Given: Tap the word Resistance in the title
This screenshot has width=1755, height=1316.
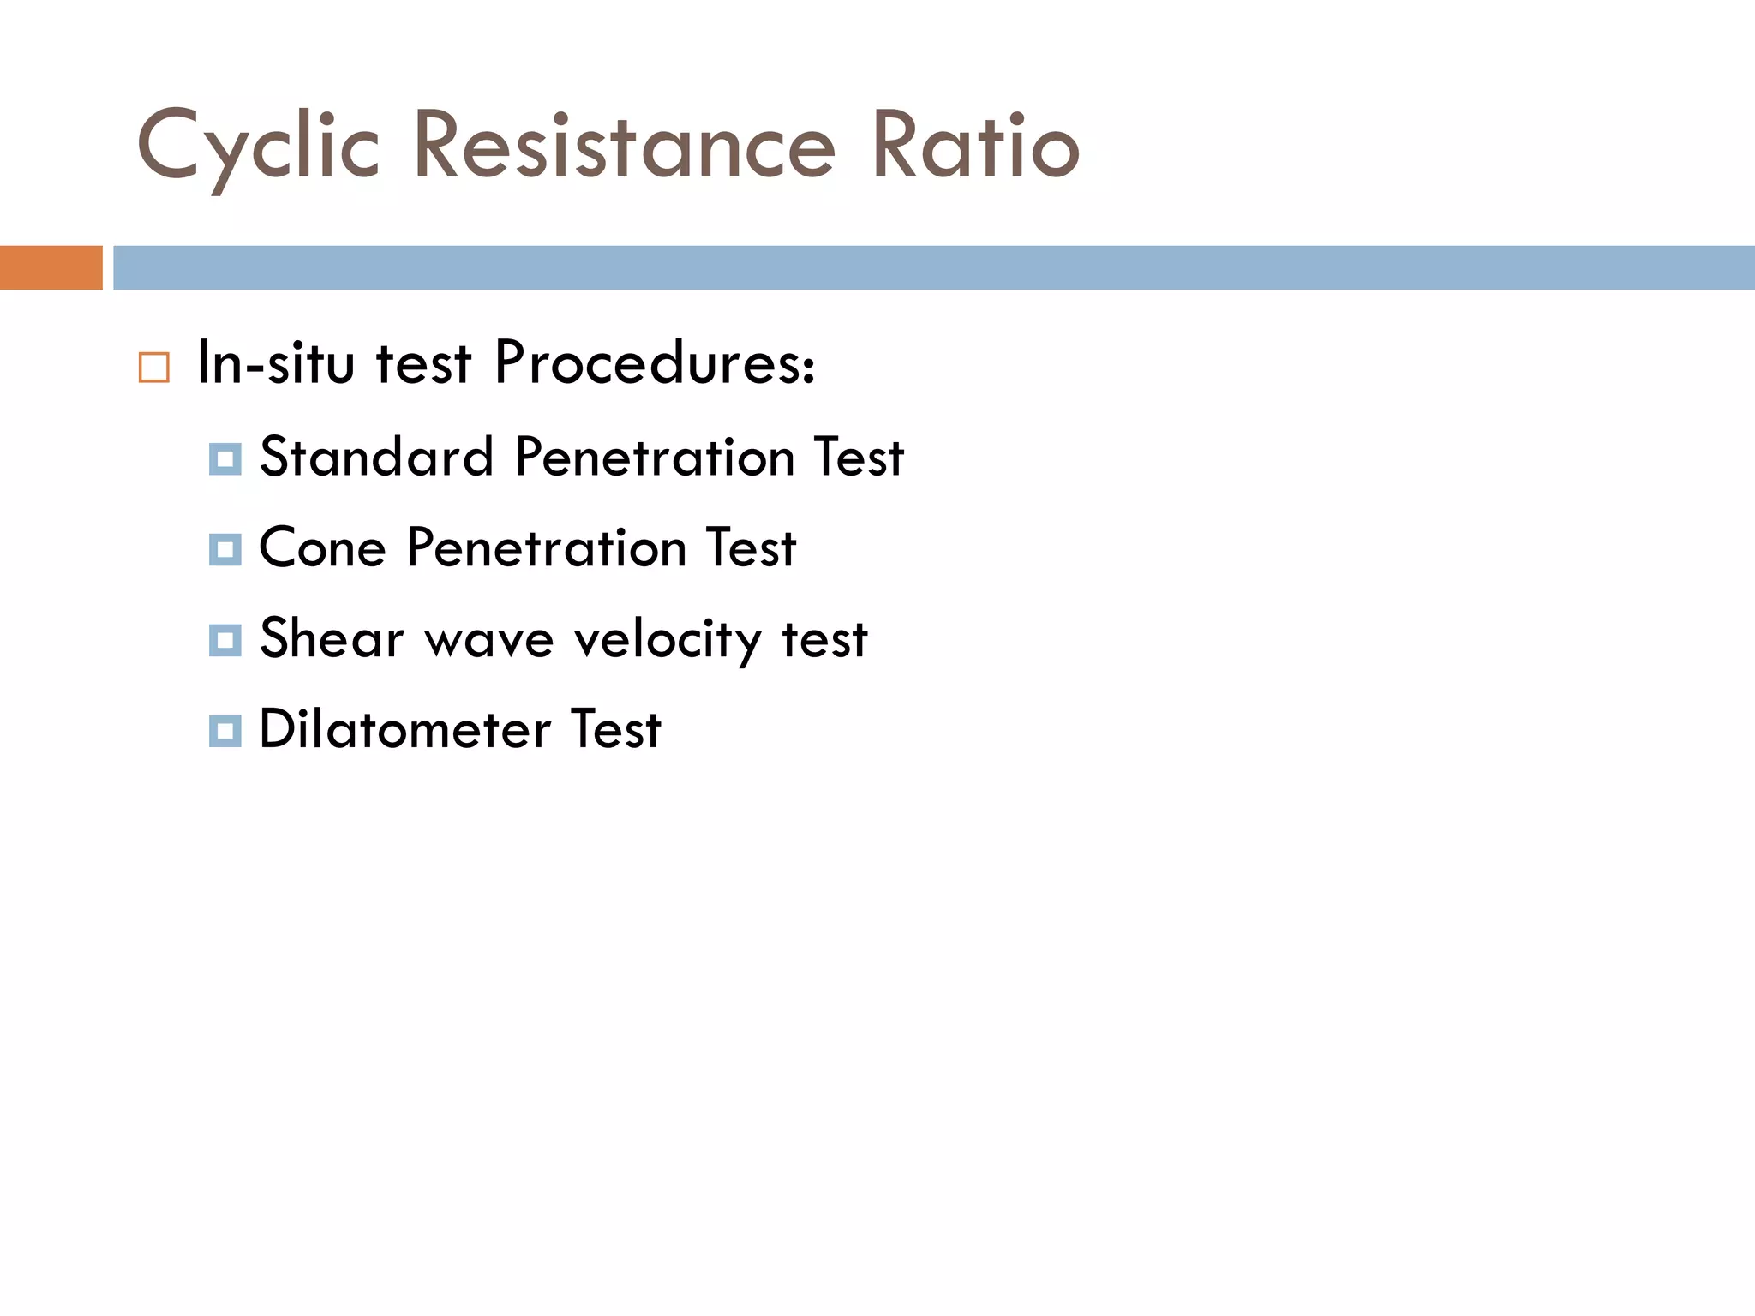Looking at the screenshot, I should pyautogui.click(x=624, y=146).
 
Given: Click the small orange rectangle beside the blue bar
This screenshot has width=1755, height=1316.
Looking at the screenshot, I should pyautogui.click(x=51, y=267).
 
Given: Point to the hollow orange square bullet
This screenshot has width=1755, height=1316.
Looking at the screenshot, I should pyautogui.click(x=154, y=367).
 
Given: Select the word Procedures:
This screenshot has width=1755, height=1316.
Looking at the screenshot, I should pyautogui.click(x=655, y=362).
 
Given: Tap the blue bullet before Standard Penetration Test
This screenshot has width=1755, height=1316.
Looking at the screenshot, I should pyautogui.click(x=225, y=459).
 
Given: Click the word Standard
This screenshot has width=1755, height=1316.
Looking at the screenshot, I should pyautogui.click(x=376, y=457).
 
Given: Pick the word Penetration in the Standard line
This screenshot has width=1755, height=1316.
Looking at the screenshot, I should pyautogui.click(x=655, y=457).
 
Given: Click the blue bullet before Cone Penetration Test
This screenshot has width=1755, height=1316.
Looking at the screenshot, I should pyautogui.click(x=225, y=550).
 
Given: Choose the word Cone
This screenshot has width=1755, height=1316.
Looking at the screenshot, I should pyautogui.click(x=322, y=547).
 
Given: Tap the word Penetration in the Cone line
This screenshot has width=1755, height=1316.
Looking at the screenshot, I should pyautogui.click(x=547, y=547).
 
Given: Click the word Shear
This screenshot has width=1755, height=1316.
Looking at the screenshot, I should pyautogui.click(x=332, y=638).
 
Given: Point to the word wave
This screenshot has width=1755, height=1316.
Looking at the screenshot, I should pyautogui.click(x=489, y=640).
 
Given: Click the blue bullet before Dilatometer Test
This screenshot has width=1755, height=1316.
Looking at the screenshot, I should pyautogui.click(x=225, y=732).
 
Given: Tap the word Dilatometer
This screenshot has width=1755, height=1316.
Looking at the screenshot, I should pyautogui.click(x=404, y=729).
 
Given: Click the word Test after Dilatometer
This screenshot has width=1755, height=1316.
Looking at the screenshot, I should pyautogui.click(x=615, y=729).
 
